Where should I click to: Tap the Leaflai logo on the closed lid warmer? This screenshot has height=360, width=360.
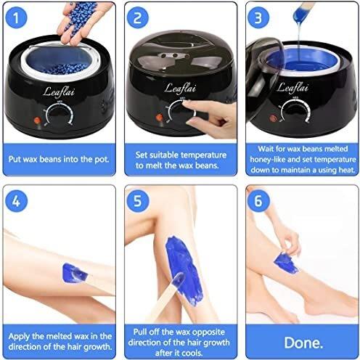[181, 86]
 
